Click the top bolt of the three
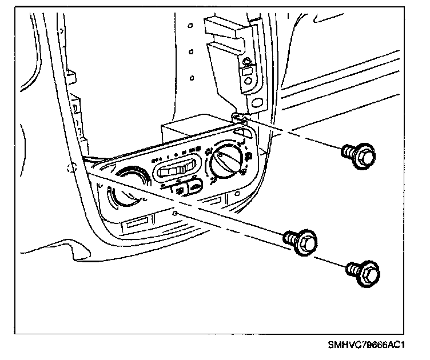click(x=359, y=154)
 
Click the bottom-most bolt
click(x=363, y=273)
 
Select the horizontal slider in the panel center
click(x=178, y=169)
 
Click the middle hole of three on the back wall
click(x=191, y=51)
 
